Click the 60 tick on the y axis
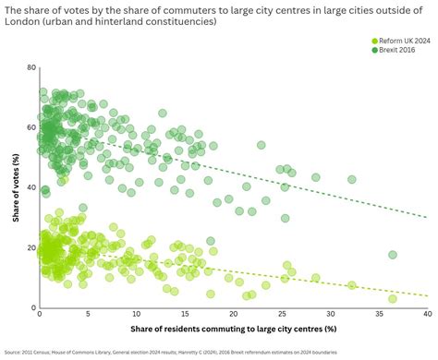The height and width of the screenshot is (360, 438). click(x=30, y=128)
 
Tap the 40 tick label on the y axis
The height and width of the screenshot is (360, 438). click(x=30, y=188)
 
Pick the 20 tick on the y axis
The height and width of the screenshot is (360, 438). click(x=30, y=248)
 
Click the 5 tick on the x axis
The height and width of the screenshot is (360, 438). click(x=87, y=316)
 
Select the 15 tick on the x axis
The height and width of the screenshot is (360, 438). click(x=184, y=316)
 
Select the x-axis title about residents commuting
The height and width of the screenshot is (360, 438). click(x=232, y=330)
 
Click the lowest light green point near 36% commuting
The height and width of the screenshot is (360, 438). click(x=392, y=298)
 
